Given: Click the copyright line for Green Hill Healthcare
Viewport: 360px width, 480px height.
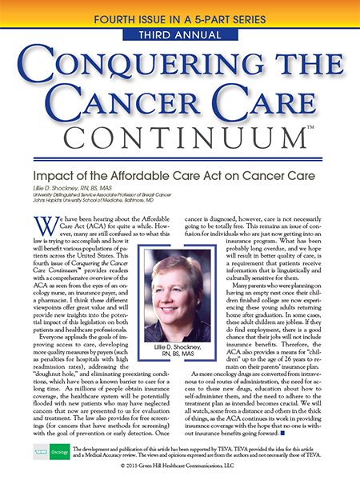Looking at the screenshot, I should click(x=179, y=471).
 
